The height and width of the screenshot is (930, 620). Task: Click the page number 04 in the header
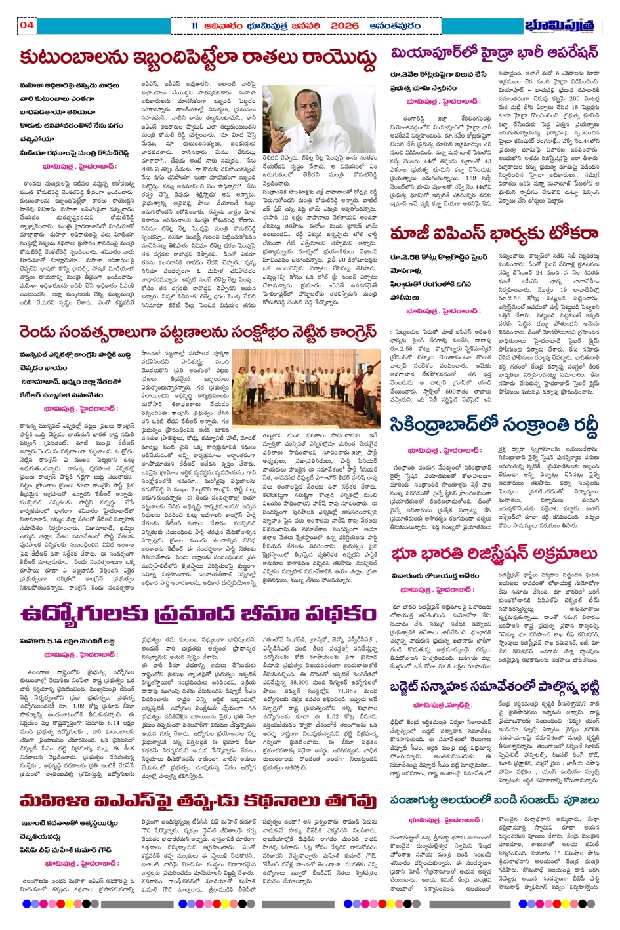(27, 26)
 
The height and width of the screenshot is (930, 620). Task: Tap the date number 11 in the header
(195, 26)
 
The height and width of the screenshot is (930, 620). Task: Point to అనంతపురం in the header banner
(395, 26)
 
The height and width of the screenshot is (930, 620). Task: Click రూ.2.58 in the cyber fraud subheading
(403, 257)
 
